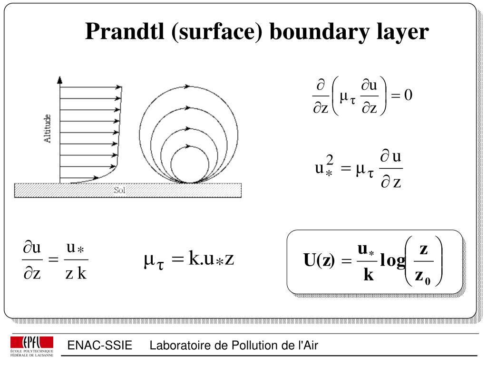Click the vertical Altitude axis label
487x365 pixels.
(x=48, y=128)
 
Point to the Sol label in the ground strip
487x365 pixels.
(x=119, y=191)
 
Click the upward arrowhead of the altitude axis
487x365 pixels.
(x=59, y=79)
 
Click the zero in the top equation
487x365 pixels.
(x=408, y=96)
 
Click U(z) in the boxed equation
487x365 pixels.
(x=319, y=260)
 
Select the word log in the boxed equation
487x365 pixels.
(x=393, y=260)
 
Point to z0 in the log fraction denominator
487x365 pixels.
(x=422, y=277)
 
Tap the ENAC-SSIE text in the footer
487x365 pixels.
(x=99, y=346)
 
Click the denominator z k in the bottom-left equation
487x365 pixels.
(x=76, y=274)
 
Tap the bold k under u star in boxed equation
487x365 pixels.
(x=369, y=275)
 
